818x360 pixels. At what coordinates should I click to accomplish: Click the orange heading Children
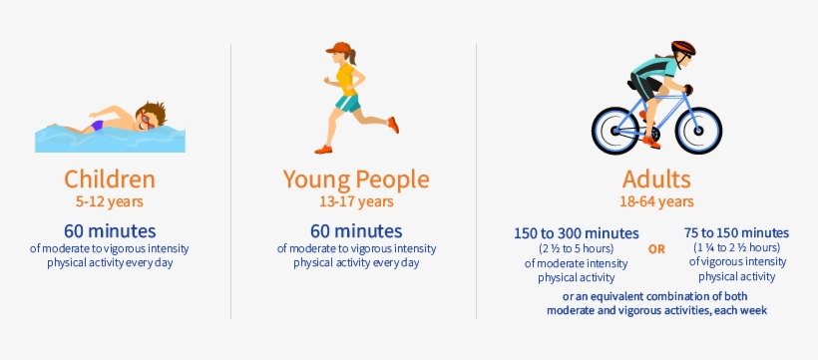pyautogui.click(x=110, y=179)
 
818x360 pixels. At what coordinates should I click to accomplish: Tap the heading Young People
pyautogui.click(x=356, y=180)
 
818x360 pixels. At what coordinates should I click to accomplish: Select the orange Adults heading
pyautogui.click(x=656, y=179)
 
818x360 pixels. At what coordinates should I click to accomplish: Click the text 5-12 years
pyautogui.click(x=110, y=201)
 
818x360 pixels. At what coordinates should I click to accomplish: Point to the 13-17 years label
pyautogui.click(x=356, y=201)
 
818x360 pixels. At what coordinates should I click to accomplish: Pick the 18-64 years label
pyautogui.click(x=656, y=201)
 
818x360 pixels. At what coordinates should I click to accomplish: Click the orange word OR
pyautogui.click(x=656, y=249)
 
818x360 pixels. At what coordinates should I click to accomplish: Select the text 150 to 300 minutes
pyautogui.click(x=576, y=232)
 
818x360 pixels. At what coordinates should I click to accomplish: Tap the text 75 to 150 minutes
pyautogui.click(x=736, y=232)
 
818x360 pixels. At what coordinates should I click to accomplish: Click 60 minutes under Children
pyautogui.click(x=110, y=230)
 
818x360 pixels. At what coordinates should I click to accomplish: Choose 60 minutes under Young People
pyautogui.click(x=356, y=230)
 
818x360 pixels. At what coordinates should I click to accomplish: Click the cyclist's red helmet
pyautogui.click(x=683, y=48)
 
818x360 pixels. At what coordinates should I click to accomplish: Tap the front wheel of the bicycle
pyautogui.click(x=698, y=131)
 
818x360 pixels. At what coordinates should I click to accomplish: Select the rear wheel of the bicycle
pyautogui.click(x=615, y=131)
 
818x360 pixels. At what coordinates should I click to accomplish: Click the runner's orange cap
pyautogui.click(x=339, y=48)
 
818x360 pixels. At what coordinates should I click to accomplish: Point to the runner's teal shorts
pyautogui.click(x=347, y=103)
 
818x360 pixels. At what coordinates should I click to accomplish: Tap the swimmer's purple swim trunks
pyautogui.click(x=97, y=126)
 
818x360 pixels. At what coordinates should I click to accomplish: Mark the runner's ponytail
pyautogui.click(x=354, y=57)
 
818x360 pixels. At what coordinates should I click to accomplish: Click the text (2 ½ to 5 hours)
pyautogui.click(x=576, y=248)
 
